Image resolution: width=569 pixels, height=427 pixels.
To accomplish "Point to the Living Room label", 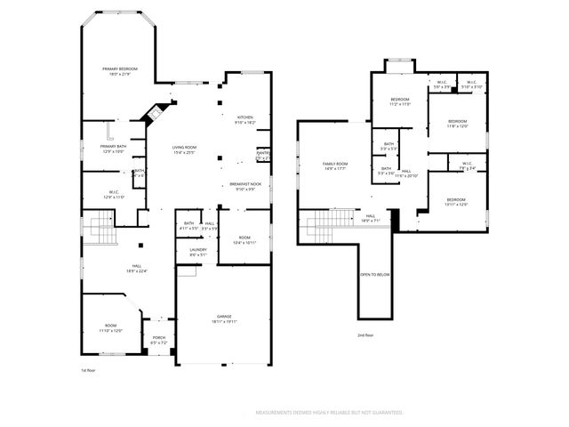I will click(x=184, y=150).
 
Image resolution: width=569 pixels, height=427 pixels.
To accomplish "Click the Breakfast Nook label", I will click(x=244, y=186).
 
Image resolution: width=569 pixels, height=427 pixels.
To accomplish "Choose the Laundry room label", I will click(x=197, y=253).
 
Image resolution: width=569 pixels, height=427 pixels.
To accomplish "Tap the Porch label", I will click(x=160, y=339).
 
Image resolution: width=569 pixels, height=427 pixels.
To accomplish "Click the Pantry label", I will click(x=263, y=155).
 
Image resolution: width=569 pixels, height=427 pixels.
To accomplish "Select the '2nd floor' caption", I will click(x=365, y=335).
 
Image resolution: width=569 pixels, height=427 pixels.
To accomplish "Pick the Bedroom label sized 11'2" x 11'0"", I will click(x=399, y=101).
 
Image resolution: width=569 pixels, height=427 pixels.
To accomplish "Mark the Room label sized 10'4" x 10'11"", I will click(x=244, y=240).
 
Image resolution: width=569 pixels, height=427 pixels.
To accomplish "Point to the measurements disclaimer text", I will click(x=329, y=414).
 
